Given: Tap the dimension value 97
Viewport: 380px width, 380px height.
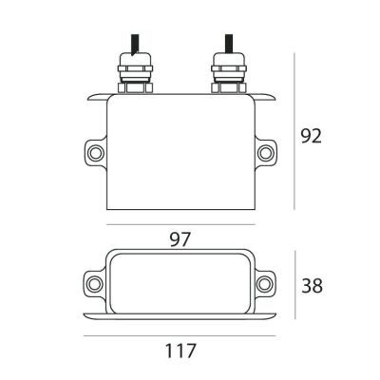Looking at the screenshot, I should click(181, 239).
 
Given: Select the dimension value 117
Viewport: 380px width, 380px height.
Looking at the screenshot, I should click(180, 351).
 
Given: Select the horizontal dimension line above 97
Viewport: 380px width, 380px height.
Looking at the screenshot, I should click(180, 225).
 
